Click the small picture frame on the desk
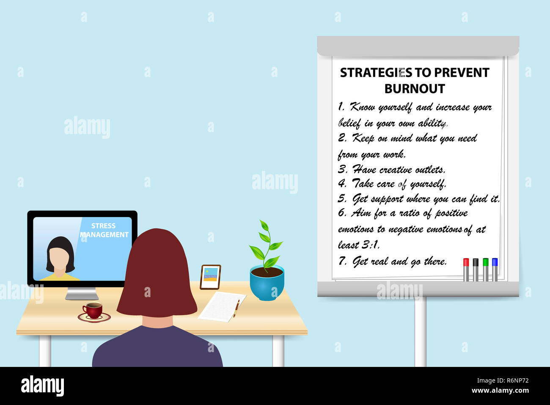(210, 277)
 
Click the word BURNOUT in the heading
(414, 89)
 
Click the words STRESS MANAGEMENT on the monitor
(104, 230)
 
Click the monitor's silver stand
(82, 293)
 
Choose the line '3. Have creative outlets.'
(391, 170)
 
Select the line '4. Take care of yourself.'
(392, 184)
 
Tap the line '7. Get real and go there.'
(392, 262)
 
